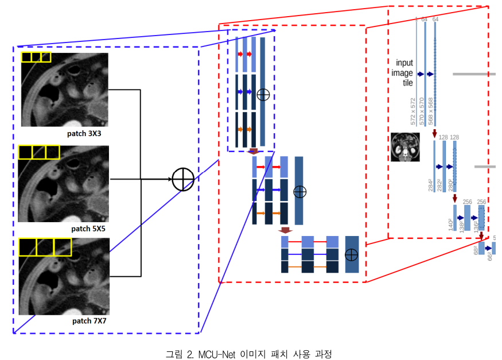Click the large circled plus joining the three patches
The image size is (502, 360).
(184, 179)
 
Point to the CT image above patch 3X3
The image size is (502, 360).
(64, 90)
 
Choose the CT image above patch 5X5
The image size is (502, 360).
(63, 183)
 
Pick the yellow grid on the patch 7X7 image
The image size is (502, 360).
(44, 247)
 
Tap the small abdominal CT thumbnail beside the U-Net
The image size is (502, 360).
(405, 146)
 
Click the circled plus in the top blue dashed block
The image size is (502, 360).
(263, 95)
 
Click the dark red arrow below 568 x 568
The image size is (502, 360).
(434, 134)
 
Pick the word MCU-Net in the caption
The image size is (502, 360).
(216, 353)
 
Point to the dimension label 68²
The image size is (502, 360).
(476, 251)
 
